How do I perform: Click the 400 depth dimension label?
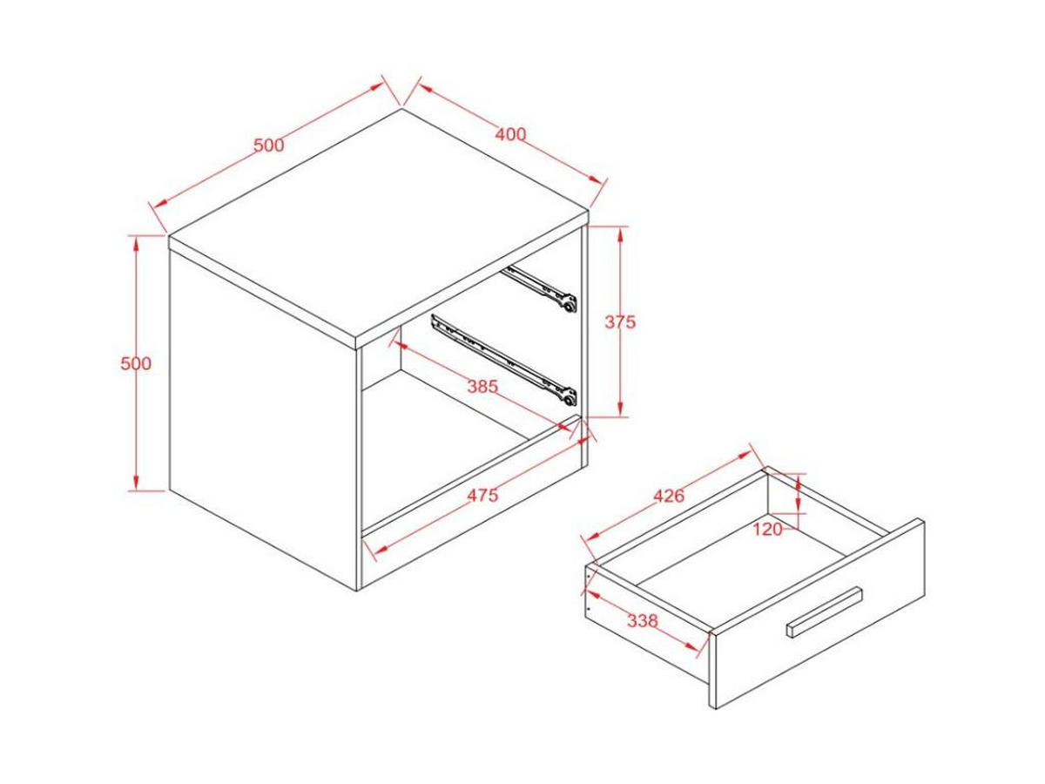(510, 135)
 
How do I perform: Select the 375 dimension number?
(620, 322)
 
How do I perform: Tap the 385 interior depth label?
(482, 387)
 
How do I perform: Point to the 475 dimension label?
(482, 495)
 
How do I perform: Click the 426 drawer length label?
(669, 496)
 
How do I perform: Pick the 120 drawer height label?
(767, 529)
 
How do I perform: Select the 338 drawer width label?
(642, 621)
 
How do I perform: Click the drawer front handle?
(824, 612)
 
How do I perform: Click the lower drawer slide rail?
(503, 362)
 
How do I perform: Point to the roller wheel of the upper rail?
(570, 308)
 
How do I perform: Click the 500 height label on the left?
(136, 363)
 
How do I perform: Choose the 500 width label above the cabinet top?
(268, 145)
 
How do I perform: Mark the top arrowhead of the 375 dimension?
(620, 235)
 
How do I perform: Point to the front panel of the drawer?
(818, 614)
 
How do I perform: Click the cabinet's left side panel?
(263, 419)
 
